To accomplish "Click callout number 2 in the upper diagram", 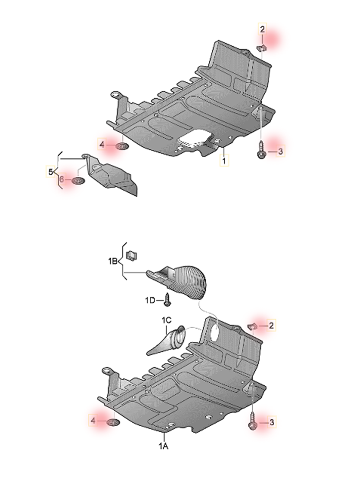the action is [x=262, y=29].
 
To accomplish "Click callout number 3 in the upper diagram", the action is [x=280, y=152].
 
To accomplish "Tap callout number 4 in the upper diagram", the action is [x=102, y=145].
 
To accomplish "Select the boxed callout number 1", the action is [x=224, y=161].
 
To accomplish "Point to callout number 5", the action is [x=51, y=172].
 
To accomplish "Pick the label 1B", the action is [x=113, y=261].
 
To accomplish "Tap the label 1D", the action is [x=150, y=300].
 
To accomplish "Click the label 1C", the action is [x=167, y=321].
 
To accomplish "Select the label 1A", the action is [x=163, y=446].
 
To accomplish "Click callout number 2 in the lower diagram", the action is [x=271, y=325].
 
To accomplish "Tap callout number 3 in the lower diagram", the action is [x=271, y=422].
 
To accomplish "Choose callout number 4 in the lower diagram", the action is [x=93, y=420].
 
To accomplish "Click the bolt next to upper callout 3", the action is [x=261, y=151].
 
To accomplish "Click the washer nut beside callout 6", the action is [x=79, y=181].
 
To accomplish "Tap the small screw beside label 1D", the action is [x=167, y=300].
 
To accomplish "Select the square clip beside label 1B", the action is [x=131, y=255].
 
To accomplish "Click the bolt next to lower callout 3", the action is [x=253, y=421].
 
